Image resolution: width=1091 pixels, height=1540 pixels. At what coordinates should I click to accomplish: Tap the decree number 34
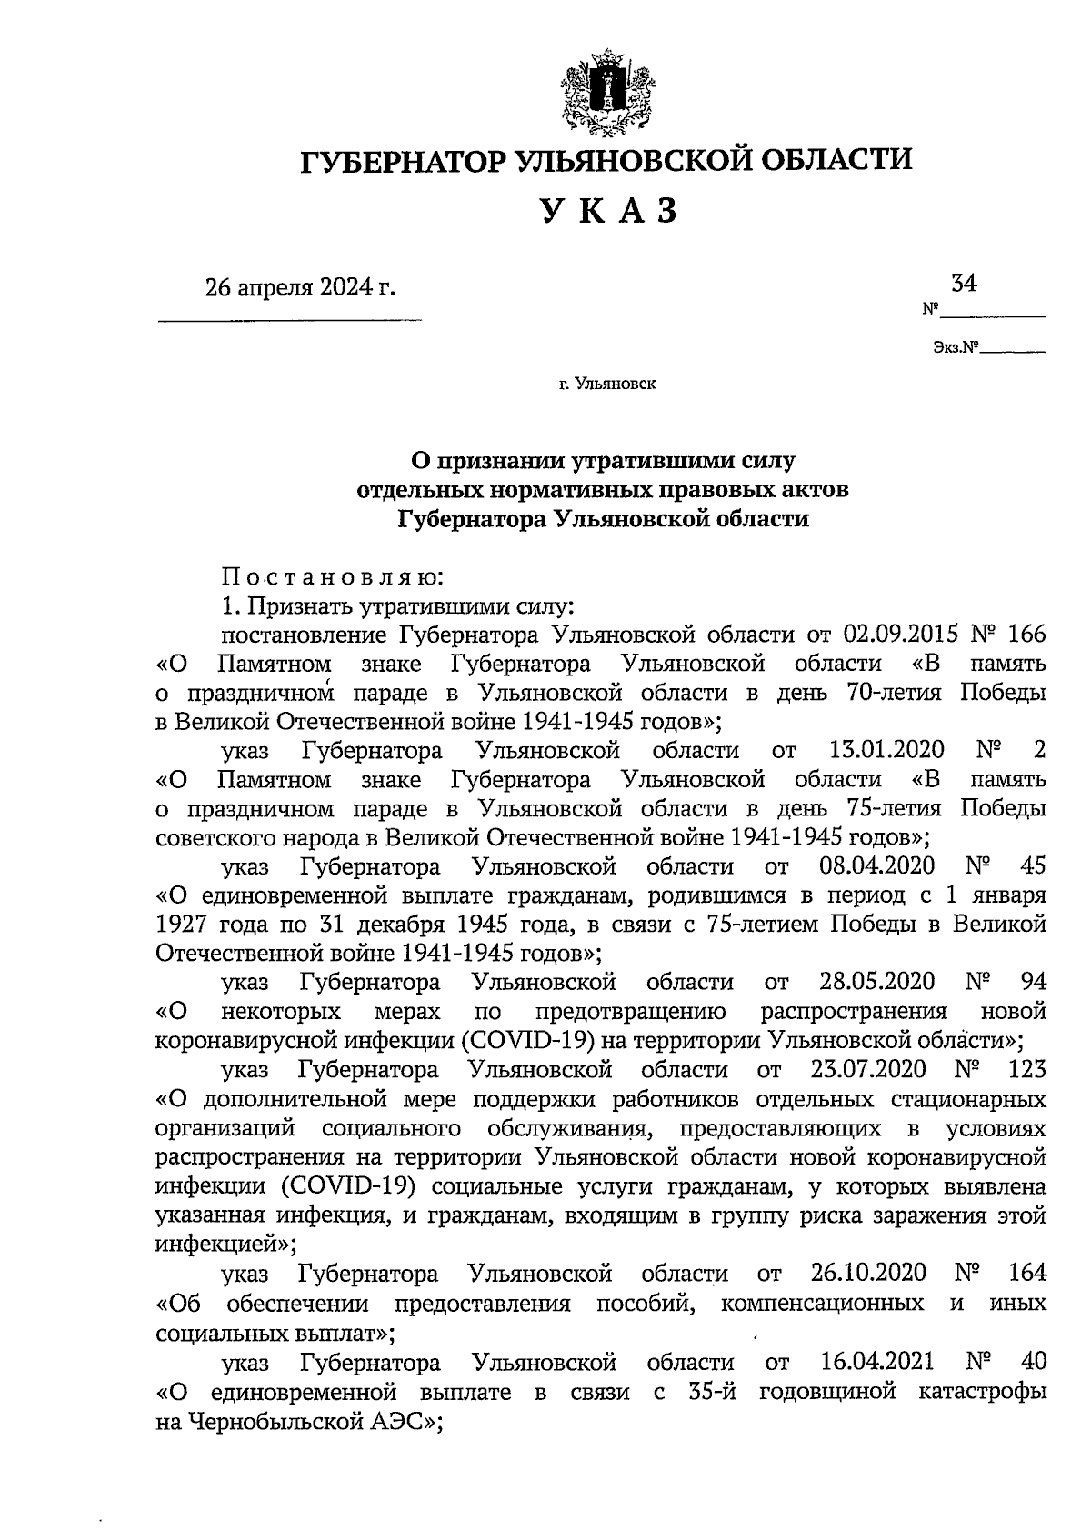(x=963, y=283)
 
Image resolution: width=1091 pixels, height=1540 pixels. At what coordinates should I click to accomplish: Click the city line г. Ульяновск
(x=607, y=385)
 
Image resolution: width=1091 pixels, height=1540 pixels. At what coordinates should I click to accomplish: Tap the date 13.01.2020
(x=886, y=751)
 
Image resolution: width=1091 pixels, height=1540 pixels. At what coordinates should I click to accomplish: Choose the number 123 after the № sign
(x=1026, y=1068)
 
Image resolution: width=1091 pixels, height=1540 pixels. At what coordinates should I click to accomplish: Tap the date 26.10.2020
(x=867, y=1272)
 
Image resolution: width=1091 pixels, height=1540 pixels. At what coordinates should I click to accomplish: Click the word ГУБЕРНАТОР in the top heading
(x=404, y=161)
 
